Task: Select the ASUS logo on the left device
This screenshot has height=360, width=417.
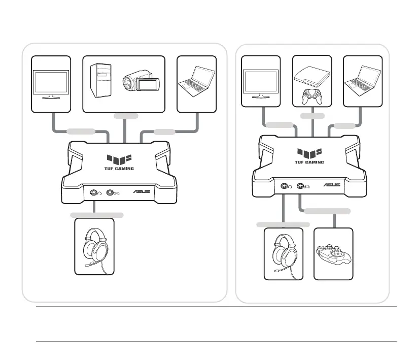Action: pyautogui.click(x=141, y=192)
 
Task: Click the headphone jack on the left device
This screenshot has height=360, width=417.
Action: pyautogui.click(x=94, y=192)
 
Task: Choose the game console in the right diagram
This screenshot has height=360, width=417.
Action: pyautogui.click(x=312, y=76)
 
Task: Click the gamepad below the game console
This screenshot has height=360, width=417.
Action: pyautogui.click(x=312, y=96)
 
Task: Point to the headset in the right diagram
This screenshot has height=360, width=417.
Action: pyautogui.click(x=283, y=253)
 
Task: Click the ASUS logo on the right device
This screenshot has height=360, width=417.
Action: pyautogui.click(x=333, y=186)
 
